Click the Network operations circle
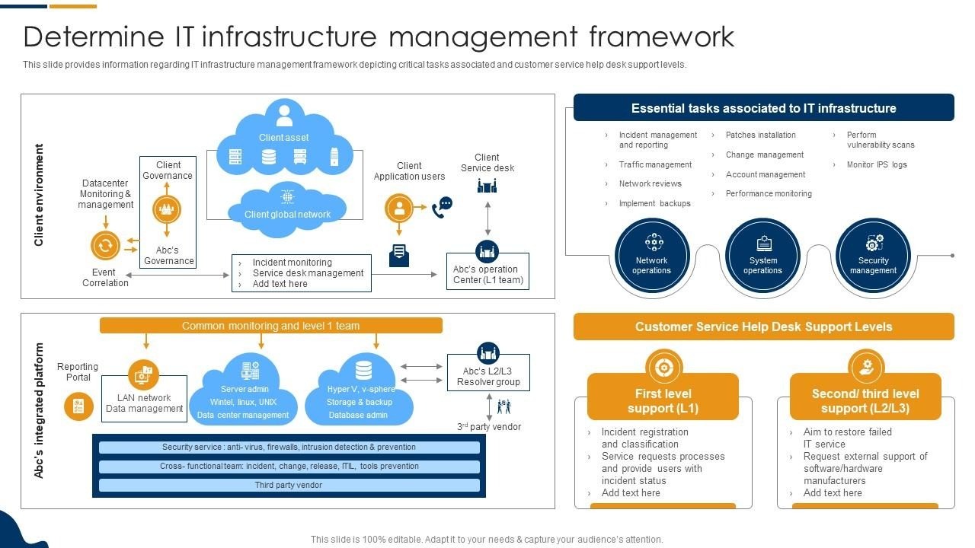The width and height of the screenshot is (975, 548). [x=651, y=255]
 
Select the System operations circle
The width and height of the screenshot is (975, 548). [x=762, y=255]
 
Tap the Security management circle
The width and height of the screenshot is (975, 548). [x=873, y=255]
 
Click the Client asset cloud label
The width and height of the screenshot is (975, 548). [x=284, y=138]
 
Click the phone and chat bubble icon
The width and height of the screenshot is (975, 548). [x=443, y=208]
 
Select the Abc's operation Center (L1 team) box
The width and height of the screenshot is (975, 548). [x=488, y=272]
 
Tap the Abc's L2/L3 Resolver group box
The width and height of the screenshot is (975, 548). [x=488, y=373]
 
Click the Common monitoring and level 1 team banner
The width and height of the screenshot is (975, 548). [x=270, y=326]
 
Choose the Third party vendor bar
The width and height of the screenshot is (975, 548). [x=289, y=485]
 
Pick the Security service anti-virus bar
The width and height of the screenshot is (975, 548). [x=289, y=447]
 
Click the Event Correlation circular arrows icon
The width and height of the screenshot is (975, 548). [x=105, y=246]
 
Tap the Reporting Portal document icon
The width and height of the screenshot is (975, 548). [x=78, y=406]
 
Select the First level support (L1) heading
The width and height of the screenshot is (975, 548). [x=663, y=400]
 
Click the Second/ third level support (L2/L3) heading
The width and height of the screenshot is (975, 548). [x=865, y=400]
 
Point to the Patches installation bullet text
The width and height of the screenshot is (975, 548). [x=760, y=135]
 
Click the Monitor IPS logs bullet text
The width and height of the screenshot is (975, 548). [x=877, y=164]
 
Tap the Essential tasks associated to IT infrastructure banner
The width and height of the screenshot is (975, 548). [x=764, y=107]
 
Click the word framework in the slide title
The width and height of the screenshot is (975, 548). [x=662, y=37]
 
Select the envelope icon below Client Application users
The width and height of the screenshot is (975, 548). [x=399, y=256]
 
